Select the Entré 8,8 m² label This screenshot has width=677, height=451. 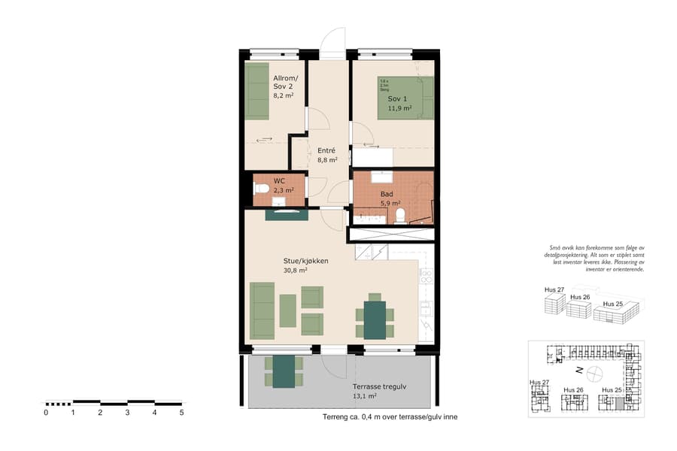coord(326,155)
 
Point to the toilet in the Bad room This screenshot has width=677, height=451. coord(400,216)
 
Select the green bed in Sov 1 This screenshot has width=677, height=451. coord(406,98)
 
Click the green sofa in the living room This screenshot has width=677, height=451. coord(262,310)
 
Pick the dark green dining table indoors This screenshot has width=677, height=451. coord(374,319)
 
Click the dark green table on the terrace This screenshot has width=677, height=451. coord(284,371)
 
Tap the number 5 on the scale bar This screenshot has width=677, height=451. coord(181,412)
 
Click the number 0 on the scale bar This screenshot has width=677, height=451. coord(46,412)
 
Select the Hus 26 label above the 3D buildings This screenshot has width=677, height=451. coord(579,298)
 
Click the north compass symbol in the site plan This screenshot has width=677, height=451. coord(594,371)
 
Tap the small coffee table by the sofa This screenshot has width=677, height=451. coord(287,310)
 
